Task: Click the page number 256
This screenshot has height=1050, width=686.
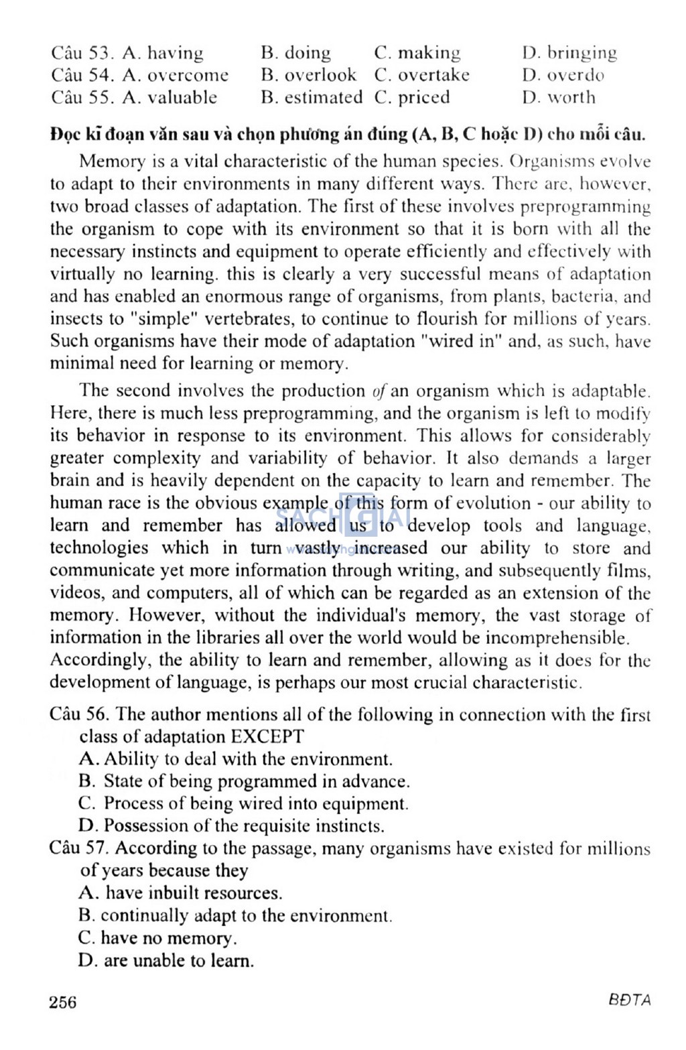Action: [x=63, y=1002]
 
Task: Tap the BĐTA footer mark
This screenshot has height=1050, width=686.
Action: [x=630, y=1000]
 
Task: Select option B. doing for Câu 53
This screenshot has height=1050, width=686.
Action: [x=296, y=53]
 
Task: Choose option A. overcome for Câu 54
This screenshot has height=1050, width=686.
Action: [x=176, y=75]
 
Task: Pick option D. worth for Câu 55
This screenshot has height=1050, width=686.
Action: [x=559, y=97]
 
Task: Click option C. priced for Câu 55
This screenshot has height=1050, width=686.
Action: [x=412, y=97]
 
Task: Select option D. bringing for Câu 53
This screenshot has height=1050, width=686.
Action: [x=569, y=53]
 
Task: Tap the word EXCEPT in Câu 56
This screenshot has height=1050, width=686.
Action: [x=267, y=736]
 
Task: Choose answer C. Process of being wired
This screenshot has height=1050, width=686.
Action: [x=243, y=803]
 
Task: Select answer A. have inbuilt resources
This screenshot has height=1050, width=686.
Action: [x=180, y=893]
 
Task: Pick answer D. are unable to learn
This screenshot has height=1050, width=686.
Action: [x=166, y=960]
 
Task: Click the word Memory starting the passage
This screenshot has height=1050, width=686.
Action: [x=112, y=161]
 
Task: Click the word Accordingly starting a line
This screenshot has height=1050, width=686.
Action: [x=100, y=660]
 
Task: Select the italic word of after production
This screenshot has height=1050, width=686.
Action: [x=379, y=391]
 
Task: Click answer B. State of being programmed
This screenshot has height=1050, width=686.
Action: [x=244, y=781]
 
